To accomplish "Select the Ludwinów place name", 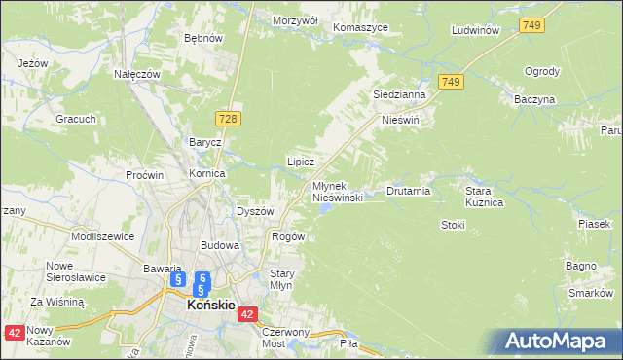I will tap(476, 30).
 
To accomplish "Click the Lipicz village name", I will tap(300, 161).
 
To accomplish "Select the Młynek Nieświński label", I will tap(338, 191).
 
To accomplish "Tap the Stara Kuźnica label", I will tap(484, 197).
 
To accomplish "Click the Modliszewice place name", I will tap(102, 236).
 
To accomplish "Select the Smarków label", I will tap(590, 293).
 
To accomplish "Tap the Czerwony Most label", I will tap(285, 337).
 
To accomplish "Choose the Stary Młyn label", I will tap(281, 279).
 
